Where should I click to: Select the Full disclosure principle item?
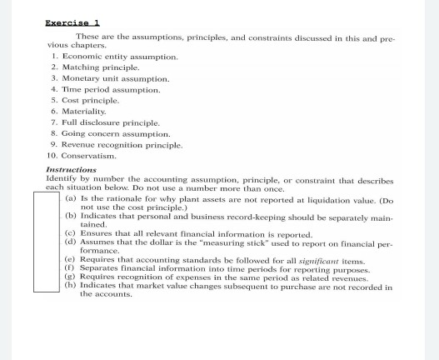tap(112, 122)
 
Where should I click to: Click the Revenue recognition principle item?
tap(122, 143)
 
